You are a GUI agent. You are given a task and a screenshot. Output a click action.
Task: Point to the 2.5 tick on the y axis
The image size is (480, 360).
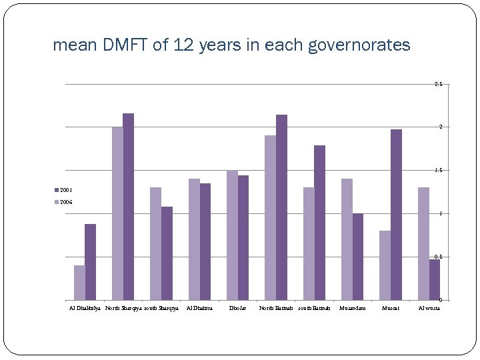pos(438,85)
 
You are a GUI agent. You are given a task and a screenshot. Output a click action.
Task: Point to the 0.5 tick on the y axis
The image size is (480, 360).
pos(438,257)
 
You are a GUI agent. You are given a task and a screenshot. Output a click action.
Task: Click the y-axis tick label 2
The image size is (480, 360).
pos(440,127)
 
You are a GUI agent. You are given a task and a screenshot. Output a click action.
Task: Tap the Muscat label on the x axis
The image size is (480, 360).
pos(391,308)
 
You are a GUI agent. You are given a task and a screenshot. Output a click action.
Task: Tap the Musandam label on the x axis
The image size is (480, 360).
pos(352,308)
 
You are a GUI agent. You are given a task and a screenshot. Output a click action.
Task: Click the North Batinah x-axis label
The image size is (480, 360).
pos(275,308)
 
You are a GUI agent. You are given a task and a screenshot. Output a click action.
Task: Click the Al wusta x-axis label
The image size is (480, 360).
pos(429,308)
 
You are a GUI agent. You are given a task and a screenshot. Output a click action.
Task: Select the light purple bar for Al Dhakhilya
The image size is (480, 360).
pos(79,283)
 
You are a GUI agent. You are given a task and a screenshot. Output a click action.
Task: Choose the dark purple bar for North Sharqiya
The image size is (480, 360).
pos(128,207)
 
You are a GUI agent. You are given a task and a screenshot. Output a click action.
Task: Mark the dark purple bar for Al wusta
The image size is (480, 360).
pos(434,280)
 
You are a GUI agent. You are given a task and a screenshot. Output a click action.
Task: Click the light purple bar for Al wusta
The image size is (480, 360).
pos(423,244)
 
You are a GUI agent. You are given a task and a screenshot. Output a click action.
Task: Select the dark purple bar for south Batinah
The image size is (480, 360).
pos(319,223)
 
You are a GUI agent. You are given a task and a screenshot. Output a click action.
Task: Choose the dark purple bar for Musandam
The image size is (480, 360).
pos(358,257)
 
